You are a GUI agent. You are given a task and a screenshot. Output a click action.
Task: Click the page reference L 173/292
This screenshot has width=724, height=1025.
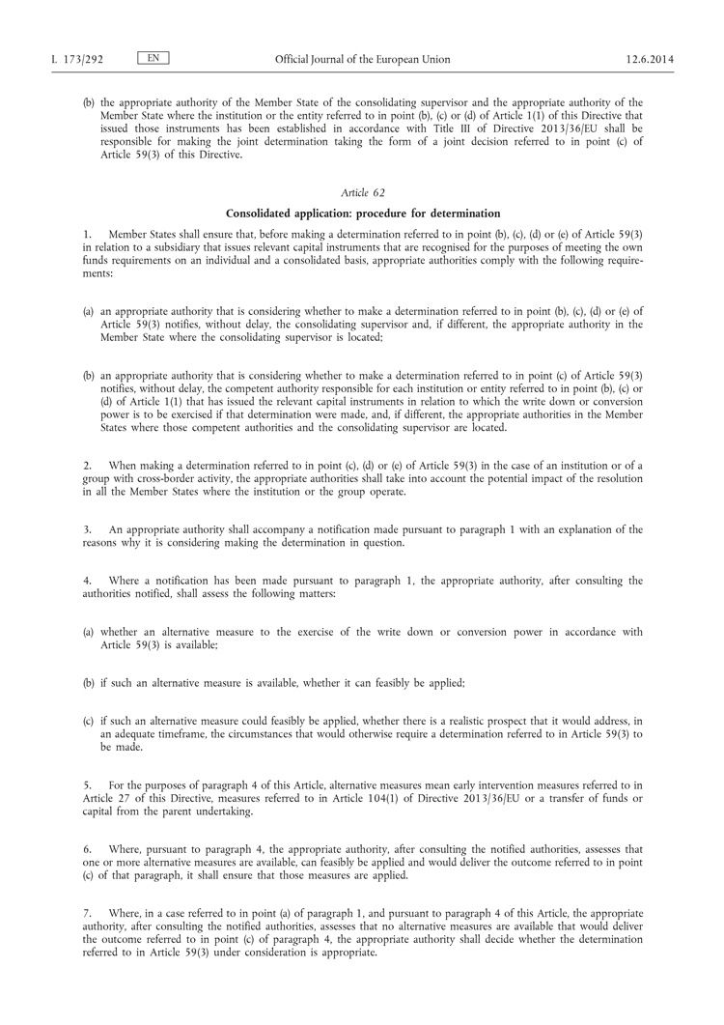coord(76,59)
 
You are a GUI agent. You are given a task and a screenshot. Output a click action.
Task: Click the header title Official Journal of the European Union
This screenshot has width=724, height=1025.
coord(362,59)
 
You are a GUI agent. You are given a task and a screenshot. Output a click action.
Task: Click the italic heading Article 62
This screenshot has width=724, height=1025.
coord(362,192)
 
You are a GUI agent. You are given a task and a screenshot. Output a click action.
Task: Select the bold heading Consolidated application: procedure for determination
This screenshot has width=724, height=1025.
coord(362,213)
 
